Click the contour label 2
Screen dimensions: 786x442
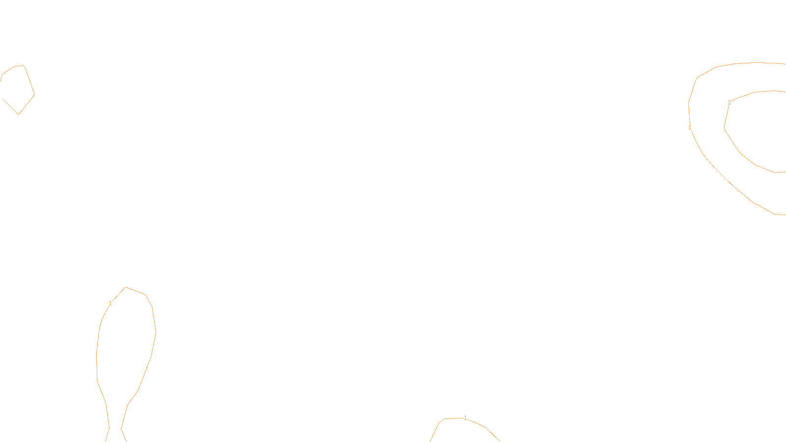pos(730,103)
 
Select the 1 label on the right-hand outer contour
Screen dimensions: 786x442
pos(690,128)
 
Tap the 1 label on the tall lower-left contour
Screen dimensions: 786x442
pos(110,304)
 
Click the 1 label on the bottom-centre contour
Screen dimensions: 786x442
pos(465,418)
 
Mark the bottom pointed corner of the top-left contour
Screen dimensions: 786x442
pos(19,114)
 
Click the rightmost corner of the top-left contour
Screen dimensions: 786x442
pos(34,94)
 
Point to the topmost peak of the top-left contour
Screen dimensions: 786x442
pos(23,65)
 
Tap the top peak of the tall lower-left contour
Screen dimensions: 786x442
pos(126,287)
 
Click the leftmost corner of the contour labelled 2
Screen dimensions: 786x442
pos(724,128)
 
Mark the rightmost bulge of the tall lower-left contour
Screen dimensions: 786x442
pos(156,332)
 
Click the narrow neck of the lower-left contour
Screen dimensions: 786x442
pos(115,428)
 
